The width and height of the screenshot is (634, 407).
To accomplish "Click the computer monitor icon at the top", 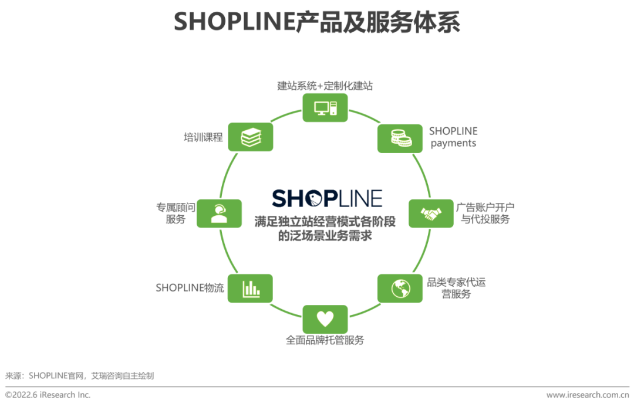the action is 325,107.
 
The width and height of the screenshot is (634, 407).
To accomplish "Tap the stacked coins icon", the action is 400,138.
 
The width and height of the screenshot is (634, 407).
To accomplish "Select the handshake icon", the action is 431,213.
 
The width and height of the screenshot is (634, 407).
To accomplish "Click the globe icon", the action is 400,288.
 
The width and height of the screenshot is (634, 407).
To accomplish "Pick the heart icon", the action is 325,319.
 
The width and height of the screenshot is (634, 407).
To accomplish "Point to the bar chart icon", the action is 251,288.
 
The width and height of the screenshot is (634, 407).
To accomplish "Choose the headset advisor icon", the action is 219,213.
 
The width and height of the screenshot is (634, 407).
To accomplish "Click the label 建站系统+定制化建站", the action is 325,86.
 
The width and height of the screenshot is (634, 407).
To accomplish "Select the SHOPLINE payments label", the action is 453,137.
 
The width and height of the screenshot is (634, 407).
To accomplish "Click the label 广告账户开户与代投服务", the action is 485,213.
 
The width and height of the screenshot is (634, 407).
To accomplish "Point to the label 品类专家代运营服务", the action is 456,288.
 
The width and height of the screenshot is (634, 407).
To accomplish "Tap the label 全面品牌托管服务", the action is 325,340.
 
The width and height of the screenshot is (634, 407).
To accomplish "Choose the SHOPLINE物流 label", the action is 190,288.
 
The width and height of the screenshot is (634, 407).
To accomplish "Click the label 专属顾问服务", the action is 176,213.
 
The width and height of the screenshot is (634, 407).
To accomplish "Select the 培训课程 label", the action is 203,138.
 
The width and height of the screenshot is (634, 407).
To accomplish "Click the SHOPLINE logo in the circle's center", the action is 327,198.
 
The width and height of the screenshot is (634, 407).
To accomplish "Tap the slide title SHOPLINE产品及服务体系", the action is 317,22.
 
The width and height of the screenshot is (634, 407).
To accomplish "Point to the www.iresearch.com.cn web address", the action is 588,395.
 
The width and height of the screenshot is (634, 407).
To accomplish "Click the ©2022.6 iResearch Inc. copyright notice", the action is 48,395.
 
